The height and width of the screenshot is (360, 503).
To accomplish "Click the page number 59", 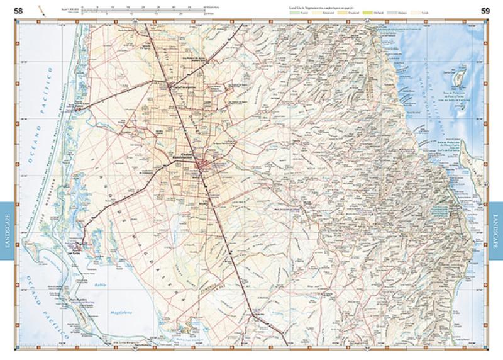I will (x=485, y=11).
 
